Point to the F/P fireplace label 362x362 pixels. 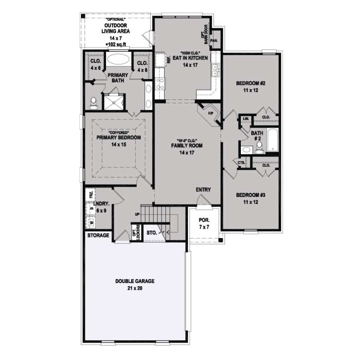click(x=211, y=114)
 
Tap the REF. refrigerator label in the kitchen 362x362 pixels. click(x=168, y=59)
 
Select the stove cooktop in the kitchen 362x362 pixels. click(x=159, y=84)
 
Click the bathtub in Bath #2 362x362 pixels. click(x=273, y=140)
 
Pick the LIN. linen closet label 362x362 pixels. click(x=246, y=119)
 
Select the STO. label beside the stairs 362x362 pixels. click(x=151, y=232)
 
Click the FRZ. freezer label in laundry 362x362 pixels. click(x=90, y=195)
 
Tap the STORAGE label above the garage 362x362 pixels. click(x=98, y=235)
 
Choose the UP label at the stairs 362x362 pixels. click(x=137, y=215)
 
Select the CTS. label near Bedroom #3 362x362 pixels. click(x=241, y=163)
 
